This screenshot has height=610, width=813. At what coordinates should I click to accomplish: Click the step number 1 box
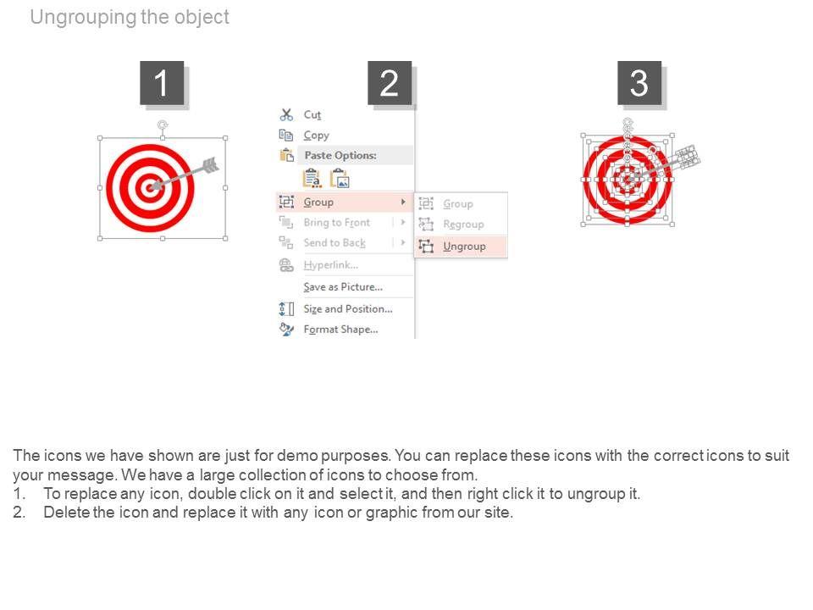pos(162,83)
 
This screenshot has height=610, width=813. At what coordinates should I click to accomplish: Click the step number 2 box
pos(390,83)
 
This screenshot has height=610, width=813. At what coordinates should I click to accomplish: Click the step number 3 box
pos(639,83)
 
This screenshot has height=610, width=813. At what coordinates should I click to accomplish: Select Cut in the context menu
pos(312,114)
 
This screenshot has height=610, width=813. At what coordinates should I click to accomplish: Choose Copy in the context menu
pos(316,136)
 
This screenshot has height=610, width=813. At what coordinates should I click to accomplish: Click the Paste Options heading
pos(340,155)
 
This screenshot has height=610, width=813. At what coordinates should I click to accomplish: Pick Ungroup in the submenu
pos(464,247)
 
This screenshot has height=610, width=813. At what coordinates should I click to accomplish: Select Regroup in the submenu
pos(463,225)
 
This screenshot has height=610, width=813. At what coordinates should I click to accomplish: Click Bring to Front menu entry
pos(336,223)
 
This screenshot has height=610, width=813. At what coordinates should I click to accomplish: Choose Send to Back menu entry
pos(335,243)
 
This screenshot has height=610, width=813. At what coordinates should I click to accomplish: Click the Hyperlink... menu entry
pos(331,265)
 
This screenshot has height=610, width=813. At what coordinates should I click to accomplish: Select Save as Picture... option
pos(343,287)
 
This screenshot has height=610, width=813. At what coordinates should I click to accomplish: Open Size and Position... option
pos(348,308)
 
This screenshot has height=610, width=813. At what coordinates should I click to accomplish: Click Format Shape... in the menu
pos(340,330)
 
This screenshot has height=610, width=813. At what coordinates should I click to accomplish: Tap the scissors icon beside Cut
pos(286,114)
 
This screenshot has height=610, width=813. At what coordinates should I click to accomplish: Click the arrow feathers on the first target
pos(211,165)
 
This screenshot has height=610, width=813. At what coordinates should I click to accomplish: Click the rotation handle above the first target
pos(163,125)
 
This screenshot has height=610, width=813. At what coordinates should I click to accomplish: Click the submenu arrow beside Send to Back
pos(403,242)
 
